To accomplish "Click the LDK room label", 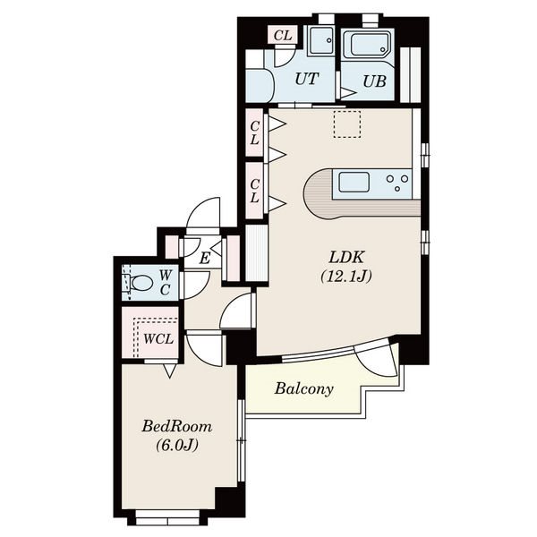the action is pos(345,257).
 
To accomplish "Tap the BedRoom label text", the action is pos(176,427).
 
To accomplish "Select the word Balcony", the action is pos(303,389).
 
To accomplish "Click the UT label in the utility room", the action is pos(306,79).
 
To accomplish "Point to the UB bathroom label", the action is pos(374,81).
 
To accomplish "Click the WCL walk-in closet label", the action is pos(158,339).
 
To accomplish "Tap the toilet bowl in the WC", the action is pos(141,284).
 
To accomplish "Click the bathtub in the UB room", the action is pos(366,46).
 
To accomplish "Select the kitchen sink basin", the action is pos(354,183).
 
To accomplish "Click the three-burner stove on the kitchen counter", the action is pos(397,183).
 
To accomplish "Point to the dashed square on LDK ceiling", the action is pos(347,124).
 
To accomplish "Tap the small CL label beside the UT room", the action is pos(283,35).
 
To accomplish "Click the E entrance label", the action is pos(204,259).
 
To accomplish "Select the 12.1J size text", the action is pos(345,276).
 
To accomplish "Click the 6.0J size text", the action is pos(177,445).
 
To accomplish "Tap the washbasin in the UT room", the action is pos(322,41).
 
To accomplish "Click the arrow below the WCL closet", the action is pos(169,371).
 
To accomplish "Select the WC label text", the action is pos(165,282).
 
